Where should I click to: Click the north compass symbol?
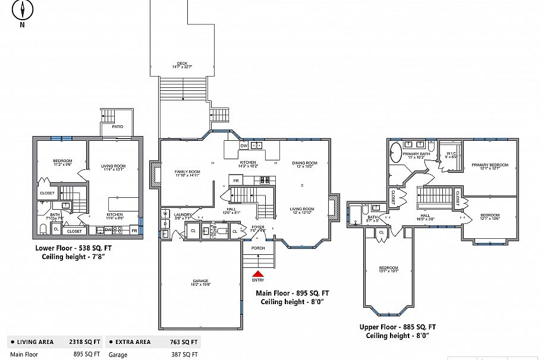(23, 10)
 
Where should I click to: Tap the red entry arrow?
(258, 273)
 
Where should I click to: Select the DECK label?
(182, 62)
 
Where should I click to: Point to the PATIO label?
(118, 127)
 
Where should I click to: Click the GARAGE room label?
(200, 281)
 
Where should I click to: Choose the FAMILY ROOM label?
(187, 172)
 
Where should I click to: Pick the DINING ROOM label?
(304, 163)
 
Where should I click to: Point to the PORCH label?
(258, 248)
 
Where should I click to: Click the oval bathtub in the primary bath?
(395, 153)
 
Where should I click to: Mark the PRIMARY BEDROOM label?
(490, 165)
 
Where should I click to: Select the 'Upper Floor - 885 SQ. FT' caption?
(397, 327)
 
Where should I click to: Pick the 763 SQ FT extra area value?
(186, 342)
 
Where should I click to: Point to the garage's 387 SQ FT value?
(187, 354)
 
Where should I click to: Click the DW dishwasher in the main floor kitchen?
(244, 146)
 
